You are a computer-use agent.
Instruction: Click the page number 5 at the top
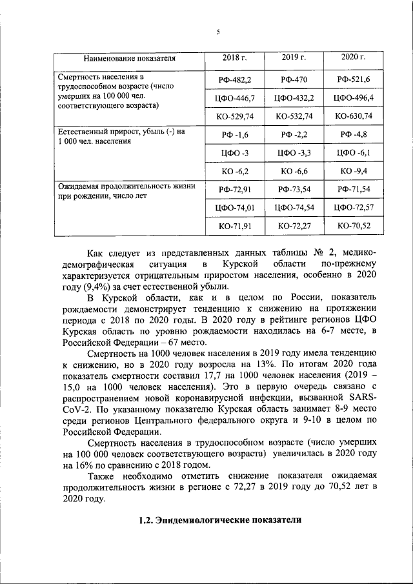pos(218,32)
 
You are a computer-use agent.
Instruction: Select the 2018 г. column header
pos(234,58)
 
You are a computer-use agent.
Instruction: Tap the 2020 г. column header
pos(353,58)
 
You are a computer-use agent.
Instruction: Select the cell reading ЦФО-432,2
pos(294,98)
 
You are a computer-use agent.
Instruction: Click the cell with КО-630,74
pos(353,117)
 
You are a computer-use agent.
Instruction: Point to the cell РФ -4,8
pos(353,134)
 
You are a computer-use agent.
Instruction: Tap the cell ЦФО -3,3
pos(294,153)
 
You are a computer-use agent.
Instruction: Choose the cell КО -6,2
pos(234,172)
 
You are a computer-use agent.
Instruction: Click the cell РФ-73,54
pos(294,189)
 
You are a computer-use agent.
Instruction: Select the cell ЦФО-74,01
pos(234,208)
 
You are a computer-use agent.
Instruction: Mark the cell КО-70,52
pos(353,227)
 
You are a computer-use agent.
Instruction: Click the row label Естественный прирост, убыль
pos(121,131)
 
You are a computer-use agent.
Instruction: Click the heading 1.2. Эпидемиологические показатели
pos(219,520)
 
